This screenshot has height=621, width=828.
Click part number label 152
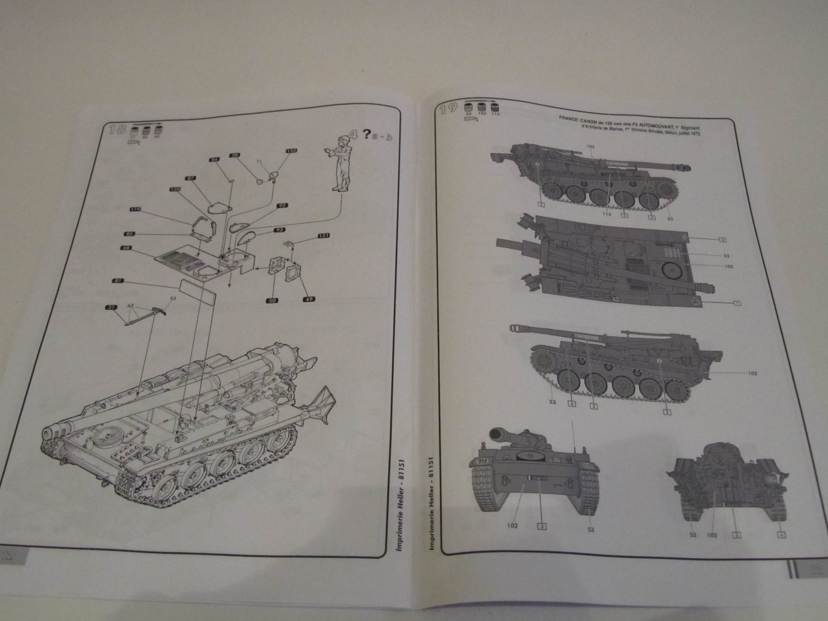[292, 151]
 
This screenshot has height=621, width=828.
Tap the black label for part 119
[135, 210]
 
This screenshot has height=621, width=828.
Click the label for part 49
[309, 299]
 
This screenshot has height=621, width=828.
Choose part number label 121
[323, 235]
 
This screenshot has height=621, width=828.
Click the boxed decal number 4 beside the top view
[722, 240]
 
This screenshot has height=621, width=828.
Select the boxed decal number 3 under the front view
[541, 526]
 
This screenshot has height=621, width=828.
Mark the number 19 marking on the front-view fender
[482, 461]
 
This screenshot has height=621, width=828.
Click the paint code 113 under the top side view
[607, 214]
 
